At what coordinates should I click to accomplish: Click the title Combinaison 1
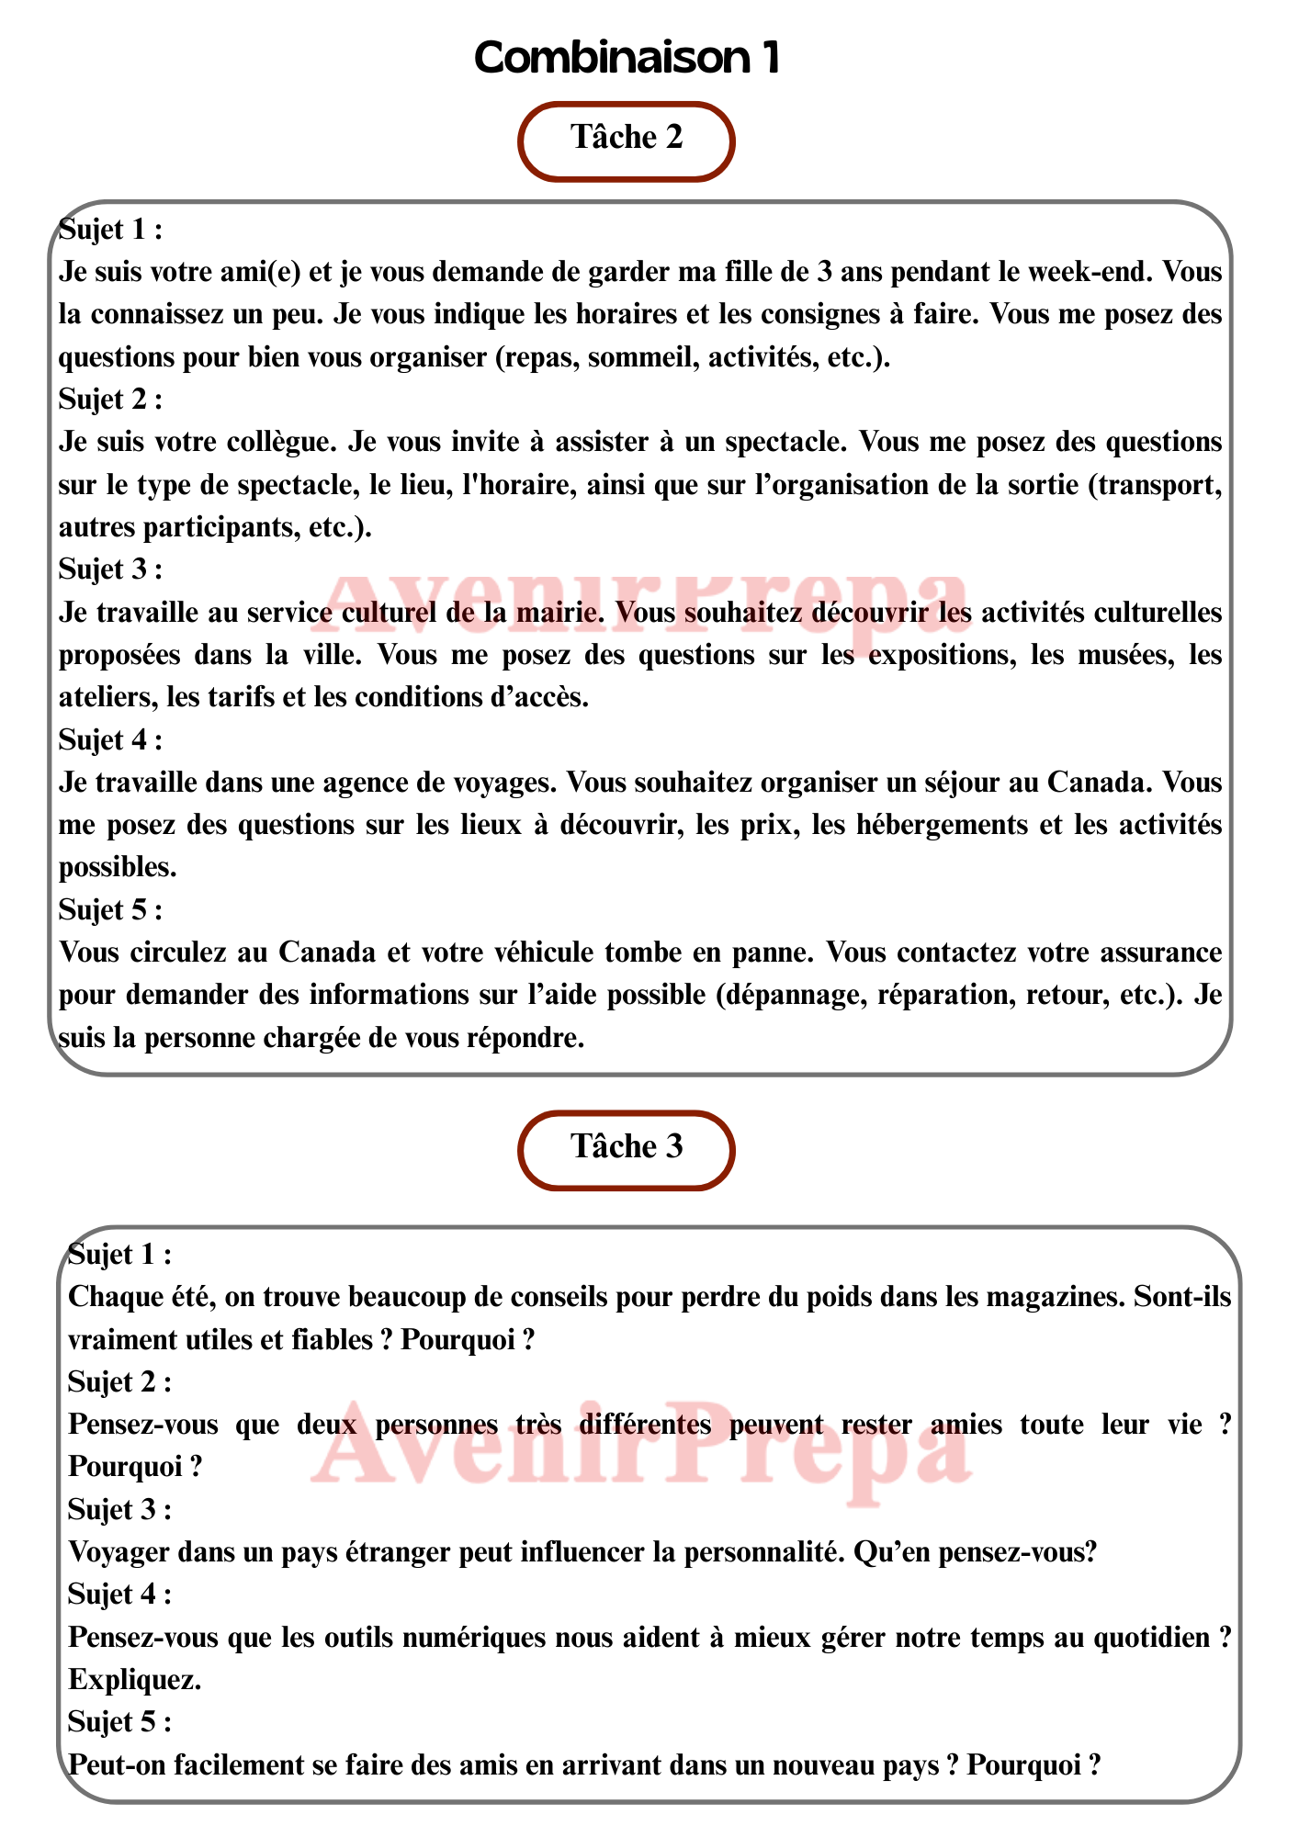627,58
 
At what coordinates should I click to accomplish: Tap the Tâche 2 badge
627,140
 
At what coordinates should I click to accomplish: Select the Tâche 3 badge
627,1148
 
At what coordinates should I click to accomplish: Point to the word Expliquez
134,1680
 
